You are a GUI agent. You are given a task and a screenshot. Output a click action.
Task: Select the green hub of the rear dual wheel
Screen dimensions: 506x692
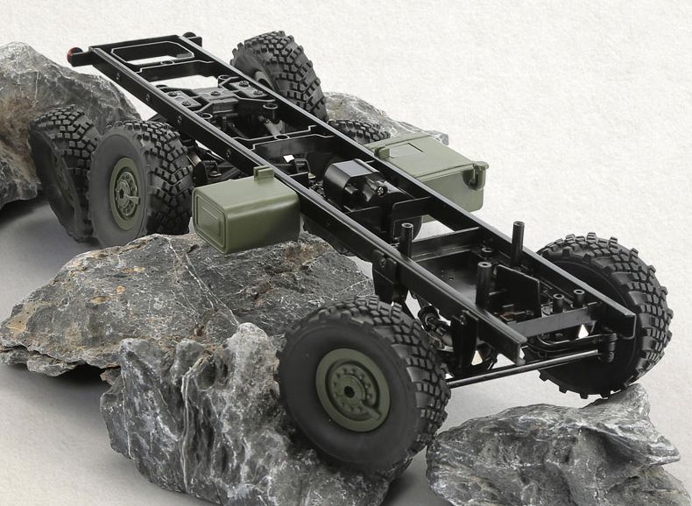click(x=125, y=193)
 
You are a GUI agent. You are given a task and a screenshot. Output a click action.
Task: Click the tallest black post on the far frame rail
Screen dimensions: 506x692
click(x=518, y=240)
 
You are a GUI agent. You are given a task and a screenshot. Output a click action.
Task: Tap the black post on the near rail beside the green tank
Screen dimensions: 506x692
click(x=406, y=238)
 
